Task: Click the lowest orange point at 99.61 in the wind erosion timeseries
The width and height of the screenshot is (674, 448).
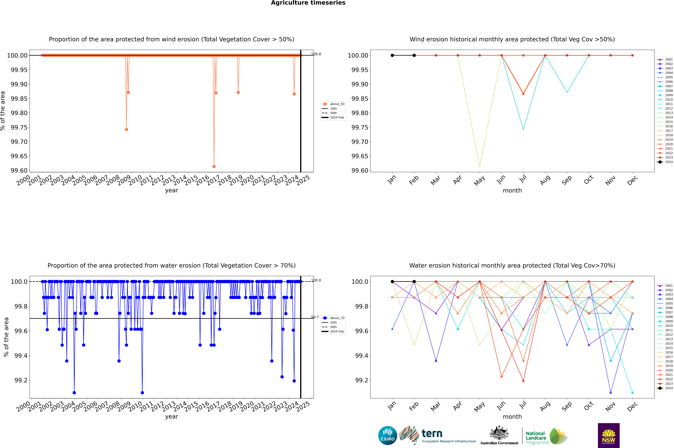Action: (214, 166)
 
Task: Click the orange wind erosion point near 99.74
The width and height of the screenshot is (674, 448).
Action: (126, 129)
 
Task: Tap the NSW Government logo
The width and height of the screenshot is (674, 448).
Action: (609, 435)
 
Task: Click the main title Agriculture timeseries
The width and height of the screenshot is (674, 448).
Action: (308, 3)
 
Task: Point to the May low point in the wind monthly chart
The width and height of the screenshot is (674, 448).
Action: (479, 166)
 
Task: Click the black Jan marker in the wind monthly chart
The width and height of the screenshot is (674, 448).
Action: (392, 55)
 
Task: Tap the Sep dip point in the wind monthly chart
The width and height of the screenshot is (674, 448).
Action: (567, 92)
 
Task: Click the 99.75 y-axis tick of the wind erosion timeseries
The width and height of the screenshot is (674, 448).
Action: (19, 127)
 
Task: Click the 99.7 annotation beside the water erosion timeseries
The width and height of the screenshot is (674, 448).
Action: (315, 317)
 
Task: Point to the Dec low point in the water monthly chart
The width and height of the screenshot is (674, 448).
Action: (632, 393)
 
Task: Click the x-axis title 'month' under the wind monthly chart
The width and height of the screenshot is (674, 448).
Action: (512, 191)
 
